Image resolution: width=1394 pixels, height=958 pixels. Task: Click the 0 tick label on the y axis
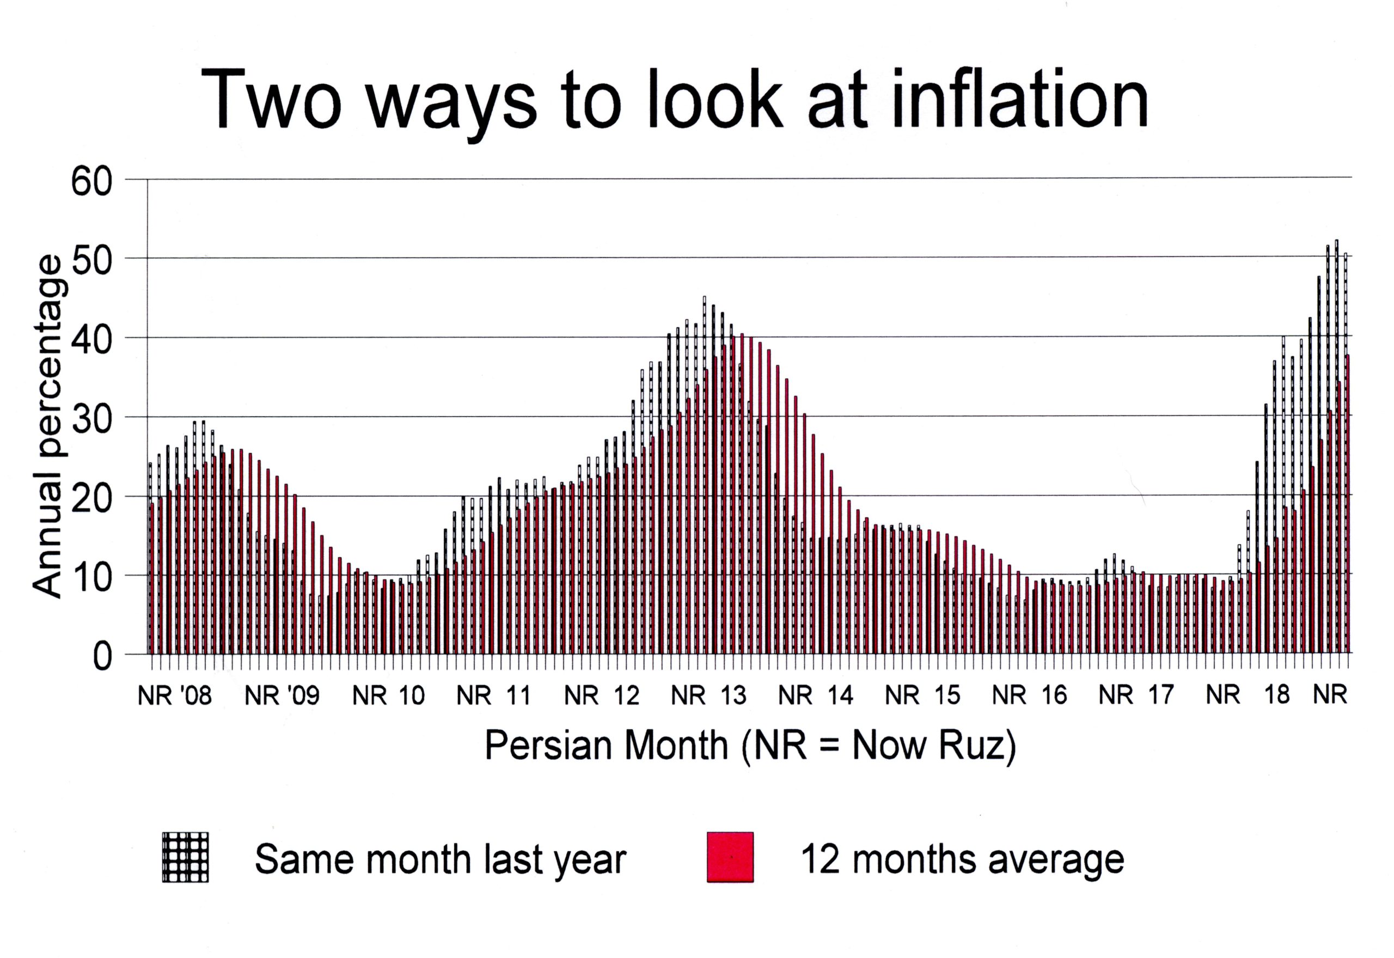click(102, 657)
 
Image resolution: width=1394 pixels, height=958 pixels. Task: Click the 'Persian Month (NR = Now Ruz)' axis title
click(750, 746)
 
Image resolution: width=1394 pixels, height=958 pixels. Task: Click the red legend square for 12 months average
click(730, 857)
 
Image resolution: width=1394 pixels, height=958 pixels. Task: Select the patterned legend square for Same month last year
click(186, 857)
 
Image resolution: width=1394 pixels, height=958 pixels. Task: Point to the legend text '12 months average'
click(962, 859)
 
